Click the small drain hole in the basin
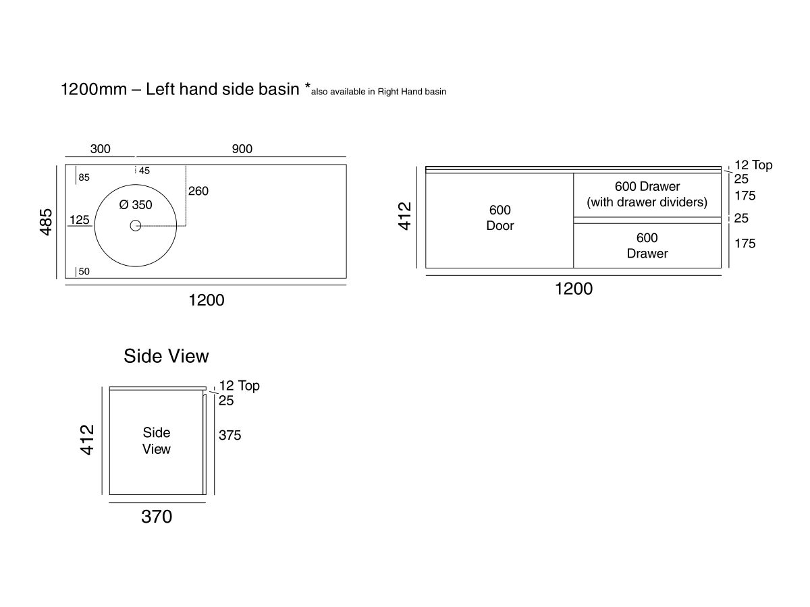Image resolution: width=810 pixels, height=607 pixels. [x=135, y=226]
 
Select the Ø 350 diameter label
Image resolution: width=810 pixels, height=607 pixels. [x=136, y=205]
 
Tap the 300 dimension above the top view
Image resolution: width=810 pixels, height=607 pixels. [x=100, y=149]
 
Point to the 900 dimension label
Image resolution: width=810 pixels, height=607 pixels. [x=242, y=149]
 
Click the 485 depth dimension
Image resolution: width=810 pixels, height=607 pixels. [x=47, y=221]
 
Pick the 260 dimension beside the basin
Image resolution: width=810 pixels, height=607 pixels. [x=198, y=191]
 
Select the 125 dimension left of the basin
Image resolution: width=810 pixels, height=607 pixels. [x=80, y=220]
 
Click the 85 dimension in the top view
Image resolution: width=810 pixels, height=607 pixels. [x=84, y=178]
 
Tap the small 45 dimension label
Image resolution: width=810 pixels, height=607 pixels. [x=144, y=171]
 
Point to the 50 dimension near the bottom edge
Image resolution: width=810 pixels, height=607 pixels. [x=84, y=271]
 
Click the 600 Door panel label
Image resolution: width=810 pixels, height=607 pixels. [x=500, y=218]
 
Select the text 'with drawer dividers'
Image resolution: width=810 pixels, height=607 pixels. [x=647, y=202]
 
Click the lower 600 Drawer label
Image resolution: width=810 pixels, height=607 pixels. [x=647, y=245]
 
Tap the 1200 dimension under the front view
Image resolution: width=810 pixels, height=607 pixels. [x=573, y=289]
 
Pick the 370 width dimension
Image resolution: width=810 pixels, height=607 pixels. [x=157, y=517]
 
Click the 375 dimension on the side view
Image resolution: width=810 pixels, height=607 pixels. [x=230, y=436]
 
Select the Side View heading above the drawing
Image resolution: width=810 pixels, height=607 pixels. [x=166, y=356]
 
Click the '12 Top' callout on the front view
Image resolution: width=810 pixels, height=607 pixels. [x=753, y=165]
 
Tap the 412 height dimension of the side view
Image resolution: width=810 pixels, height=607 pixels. [x=87, y=439]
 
